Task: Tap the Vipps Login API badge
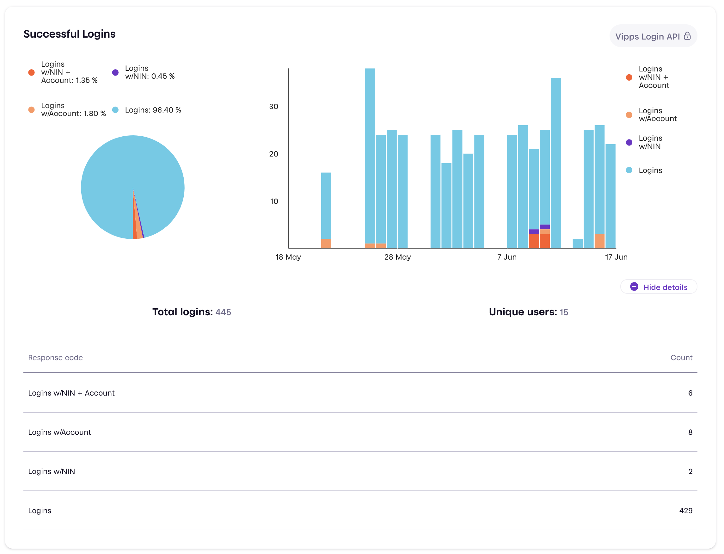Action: click(x=653, y=36)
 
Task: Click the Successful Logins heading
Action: click(x=70, y=34)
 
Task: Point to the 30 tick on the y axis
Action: click(x=274, y=107)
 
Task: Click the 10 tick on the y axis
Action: click(x=274, y=201)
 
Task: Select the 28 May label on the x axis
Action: click(x=398, y=257)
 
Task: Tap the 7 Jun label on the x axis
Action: click(x=507, y=257)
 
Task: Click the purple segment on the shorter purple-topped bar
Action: click(x=534, y=231)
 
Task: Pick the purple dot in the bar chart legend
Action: click(x=629, y=143)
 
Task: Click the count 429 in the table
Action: click(x=685, y=510)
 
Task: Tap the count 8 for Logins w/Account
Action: click(x=690, y=432)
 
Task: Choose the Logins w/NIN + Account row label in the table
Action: click(x=71, y=393)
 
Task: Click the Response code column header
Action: click(x=55, y=357)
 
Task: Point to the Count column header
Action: click(x=681, y=357)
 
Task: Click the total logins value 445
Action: click(x=223, y=312)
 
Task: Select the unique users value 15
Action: click(x=564, y=312)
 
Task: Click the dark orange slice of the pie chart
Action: click(x=134, y=224)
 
